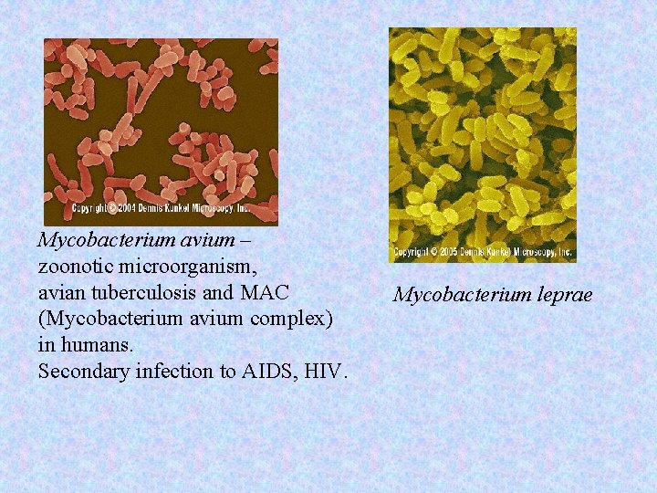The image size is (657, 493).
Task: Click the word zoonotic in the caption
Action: point(75,267)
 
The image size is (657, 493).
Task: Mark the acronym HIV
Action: point(327,372)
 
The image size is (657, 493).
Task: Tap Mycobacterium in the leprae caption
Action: point(460,295)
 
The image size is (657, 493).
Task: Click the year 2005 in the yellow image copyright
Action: point(452,251)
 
